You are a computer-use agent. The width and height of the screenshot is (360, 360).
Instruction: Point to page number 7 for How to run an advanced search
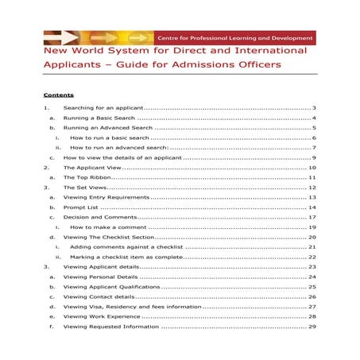pos(315,147)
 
